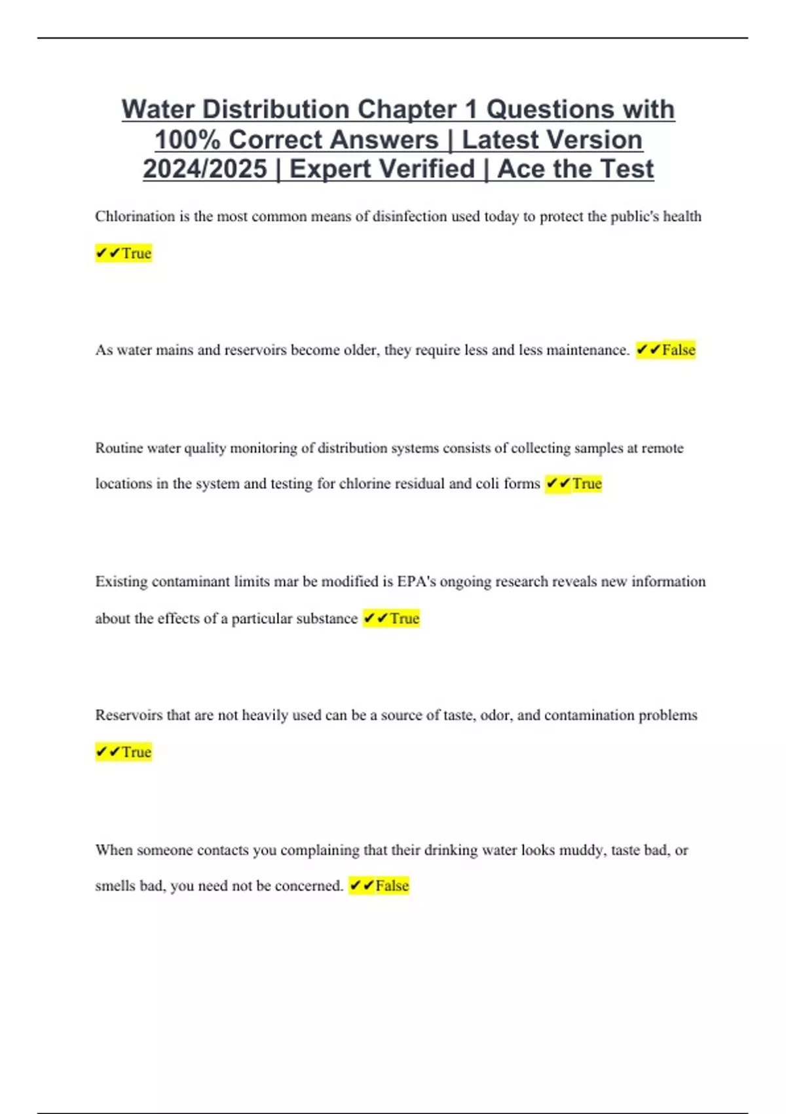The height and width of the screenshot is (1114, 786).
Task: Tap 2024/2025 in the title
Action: point(205,169)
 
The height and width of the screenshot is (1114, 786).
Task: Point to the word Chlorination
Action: point(134,216)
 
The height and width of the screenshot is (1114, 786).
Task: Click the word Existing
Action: point(121,582)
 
